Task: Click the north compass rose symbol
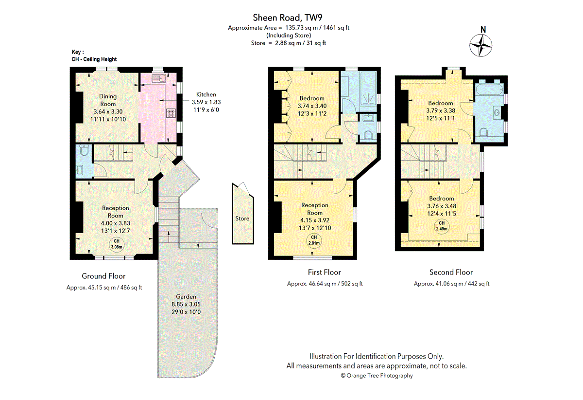click(480, 46)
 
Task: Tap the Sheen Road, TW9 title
click(288, 18)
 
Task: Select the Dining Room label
click(108, 100)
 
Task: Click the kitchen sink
click(159, 78)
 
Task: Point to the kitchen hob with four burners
click(171, 113)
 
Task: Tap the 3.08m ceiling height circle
click(116, 245)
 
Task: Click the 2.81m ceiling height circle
click(314, 241)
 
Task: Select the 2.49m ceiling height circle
click(442, 226)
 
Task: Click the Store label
click(242, 218)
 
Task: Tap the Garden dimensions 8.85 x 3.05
click(186, 304)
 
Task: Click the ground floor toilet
click(85, 150)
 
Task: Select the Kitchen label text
click(206, 94)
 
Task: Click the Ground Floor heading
click(103, 276)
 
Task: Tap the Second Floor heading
click(451, 272)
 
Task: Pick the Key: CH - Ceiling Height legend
click(94, 56)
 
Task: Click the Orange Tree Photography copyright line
click(377, 376)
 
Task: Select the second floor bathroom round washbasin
click(497, 112)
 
